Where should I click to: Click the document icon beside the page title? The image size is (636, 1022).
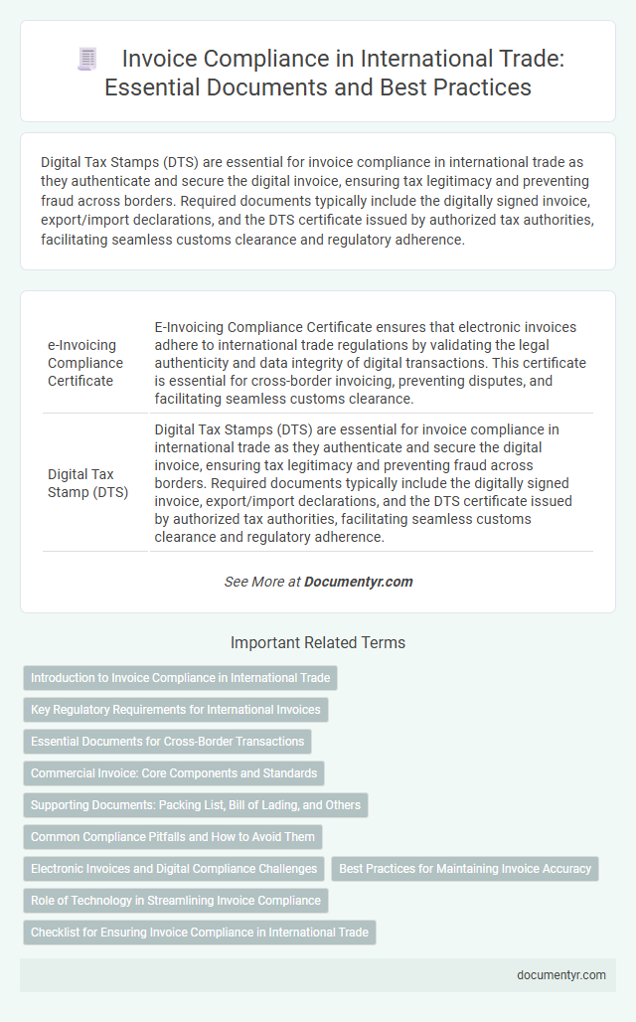pos(88,60)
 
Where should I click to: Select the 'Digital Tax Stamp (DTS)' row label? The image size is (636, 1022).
pos(88,482)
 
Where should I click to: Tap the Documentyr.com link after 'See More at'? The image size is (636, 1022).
pos(359,582)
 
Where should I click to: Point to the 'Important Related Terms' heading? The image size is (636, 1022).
pos(318,642)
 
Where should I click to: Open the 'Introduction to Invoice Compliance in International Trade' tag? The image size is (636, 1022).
pos(180,678)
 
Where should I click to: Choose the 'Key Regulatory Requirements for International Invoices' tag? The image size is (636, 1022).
pos(175,710)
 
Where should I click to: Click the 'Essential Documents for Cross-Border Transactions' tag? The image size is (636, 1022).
pos(167,742)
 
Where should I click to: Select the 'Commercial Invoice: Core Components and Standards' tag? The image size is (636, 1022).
pos(174,773)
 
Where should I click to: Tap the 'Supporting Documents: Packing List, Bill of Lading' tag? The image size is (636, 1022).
pos(195,805)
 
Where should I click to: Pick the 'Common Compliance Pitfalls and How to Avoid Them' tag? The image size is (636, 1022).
pos(173,837)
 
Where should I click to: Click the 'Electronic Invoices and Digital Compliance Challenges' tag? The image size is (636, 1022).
pos(174,869)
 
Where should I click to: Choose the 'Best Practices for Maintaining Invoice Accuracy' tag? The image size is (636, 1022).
pos(465,869)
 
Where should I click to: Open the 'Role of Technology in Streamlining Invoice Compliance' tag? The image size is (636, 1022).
pos(175,901)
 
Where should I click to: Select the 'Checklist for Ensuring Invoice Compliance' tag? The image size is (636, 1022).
pos(199,933)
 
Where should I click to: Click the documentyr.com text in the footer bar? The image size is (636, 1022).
pos(561,975)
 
